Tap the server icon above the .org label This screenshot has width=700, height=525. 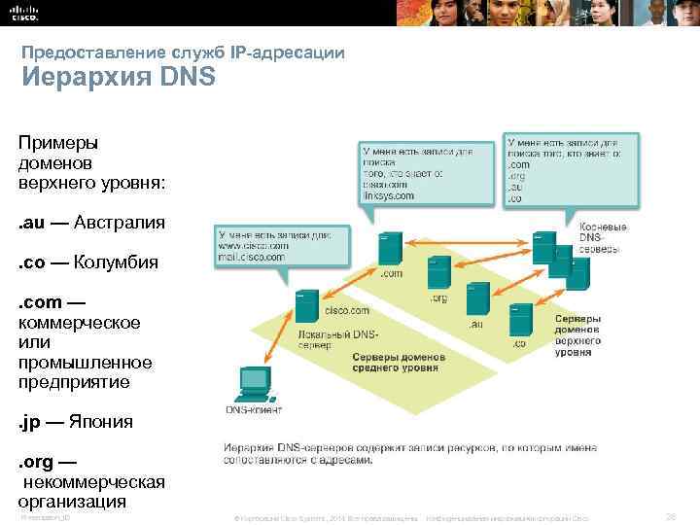(438, 273)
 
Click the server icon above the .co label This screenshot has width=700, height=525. (520, 318)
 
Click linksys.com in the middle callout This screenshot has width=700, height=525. (388, 195)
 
